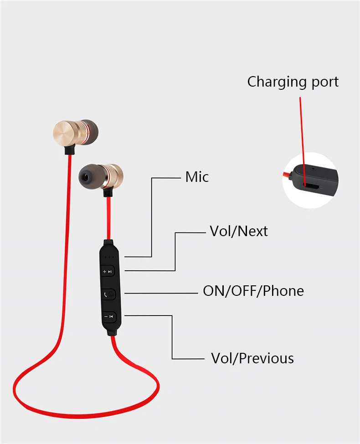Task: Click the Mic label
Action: pyautogui.click(x=197, y=177)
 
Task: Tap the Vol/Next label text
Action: pyautogui.click(x=238, y=231)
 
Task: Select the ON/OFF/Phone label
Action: pyautogui.click(x=253, y=290)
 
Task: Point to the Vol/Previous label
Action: pyautogui.click(x=252, y=358)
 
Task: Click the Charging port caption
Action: pyautogui.click(x=293, y=82)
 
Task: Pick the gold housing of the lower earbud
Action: pyautogui.click(x=114, y=177)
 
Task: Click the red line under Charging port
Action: pyautogui.click(x=302, y=132)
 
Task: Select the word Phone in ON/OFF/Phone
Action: pyautogui.click(x=283, y=290)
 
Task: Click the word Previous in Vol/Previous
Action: pyautogui.click(x=266, y=358)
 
